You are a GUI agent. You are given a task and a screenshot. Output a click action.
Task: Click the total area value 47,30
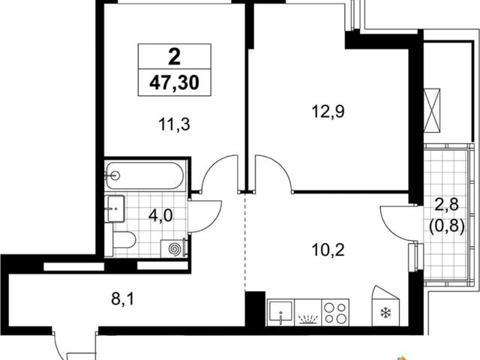click(x=174, y=82)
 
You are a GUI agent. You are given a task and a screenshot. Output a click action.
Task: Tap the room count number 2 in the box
click(x=175, y=57)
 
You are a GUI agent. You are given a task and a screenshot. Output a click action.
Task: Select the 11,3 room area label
click(x=174, y=124)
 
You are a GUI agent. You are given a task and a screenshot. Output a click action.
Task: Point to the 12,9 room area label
click(x=328, y=112)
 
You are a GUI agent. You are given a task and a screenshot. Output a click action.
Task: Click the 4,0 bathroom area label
click(x=160, y=215)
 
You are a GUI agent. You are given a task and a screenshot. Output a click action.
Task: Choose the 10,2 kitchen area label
click(x=328, y=250)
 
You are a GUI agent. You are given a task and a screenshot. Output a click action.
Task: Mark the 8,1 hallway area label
click(x=122, y=298)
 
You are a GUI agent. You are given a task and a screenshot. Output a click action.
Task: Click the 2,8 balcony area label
click(x=447, y=205)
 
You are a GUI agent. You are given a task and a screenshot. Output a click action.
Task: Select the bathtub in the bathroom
click(x=145, y=175)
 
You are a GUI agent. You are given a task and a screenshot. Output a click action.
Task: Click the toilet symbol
click(x=124, y=240)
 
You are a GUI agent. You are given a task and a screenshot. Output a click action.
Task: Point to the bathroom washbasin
click(x=115, y=208)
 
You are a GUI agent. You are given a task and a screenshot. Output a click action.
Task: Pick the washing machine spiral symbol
click(x=175, y=249)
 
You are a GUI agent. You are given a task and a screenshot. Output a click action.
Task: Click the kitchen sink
click(x=280, y=312)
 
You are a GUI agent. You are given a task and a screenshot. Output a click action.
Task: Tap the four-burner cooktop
click(x=335, y=313)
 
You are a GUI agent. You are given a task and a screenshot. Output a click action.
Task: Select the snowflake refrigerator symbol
click(x=385, y=313)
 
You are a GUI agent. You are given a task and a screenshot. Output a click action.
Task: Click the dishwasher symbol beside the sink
click(x=307, y=313)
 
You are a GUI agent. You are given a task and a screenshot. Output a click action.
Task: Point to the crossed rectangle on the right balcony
click(x=432, y=111)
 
